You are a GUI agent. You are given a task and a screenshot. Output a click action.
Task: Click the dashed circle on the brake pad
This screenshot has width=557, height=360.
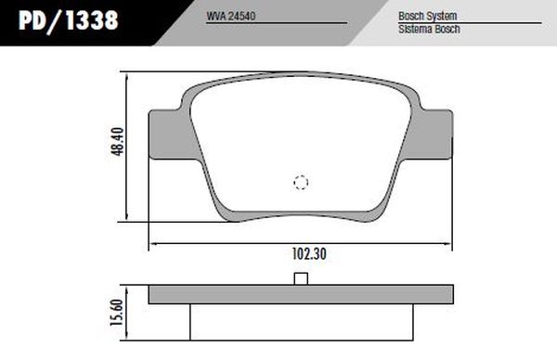coord(301,183)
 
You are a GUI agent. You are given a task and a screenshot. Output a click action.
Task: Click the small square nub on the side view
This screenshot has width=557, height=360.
coord(300,280)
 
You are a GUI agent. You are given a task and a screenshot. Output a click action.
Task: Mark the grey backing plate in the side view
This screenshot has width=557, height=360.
coord(232,296)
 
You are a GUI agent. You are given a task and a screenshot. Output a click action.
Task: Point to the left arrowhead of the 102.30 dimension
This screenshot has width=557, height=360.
coord(153,242)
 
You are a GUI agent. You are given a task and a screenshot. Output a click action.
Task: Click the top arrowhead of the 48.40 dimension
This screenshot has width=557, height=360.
coord(124,75)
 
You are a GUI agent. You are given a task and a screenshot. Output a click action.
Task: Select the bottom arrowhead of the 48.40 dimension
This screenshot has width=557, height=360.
coord(124,220)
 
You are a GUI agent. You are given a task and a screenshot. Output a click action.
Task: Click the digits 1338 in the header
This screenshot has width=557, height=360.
coord(92,20)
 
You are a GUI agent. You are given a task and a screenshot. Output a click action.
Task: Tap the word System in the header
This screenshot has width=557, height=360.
coord(439,17)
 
